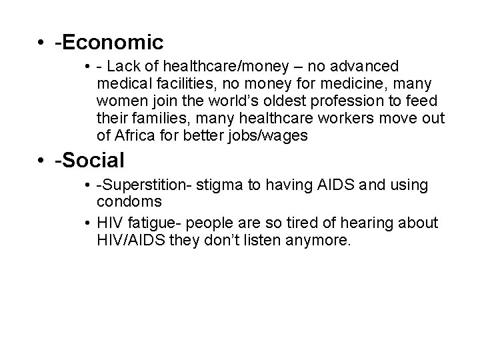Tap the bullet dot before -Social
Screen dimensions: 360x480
coord(42,161)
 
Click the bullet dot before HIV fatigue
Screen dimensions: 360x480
coord(88,222)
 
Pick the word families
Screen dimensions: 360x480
coord(151,119)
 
